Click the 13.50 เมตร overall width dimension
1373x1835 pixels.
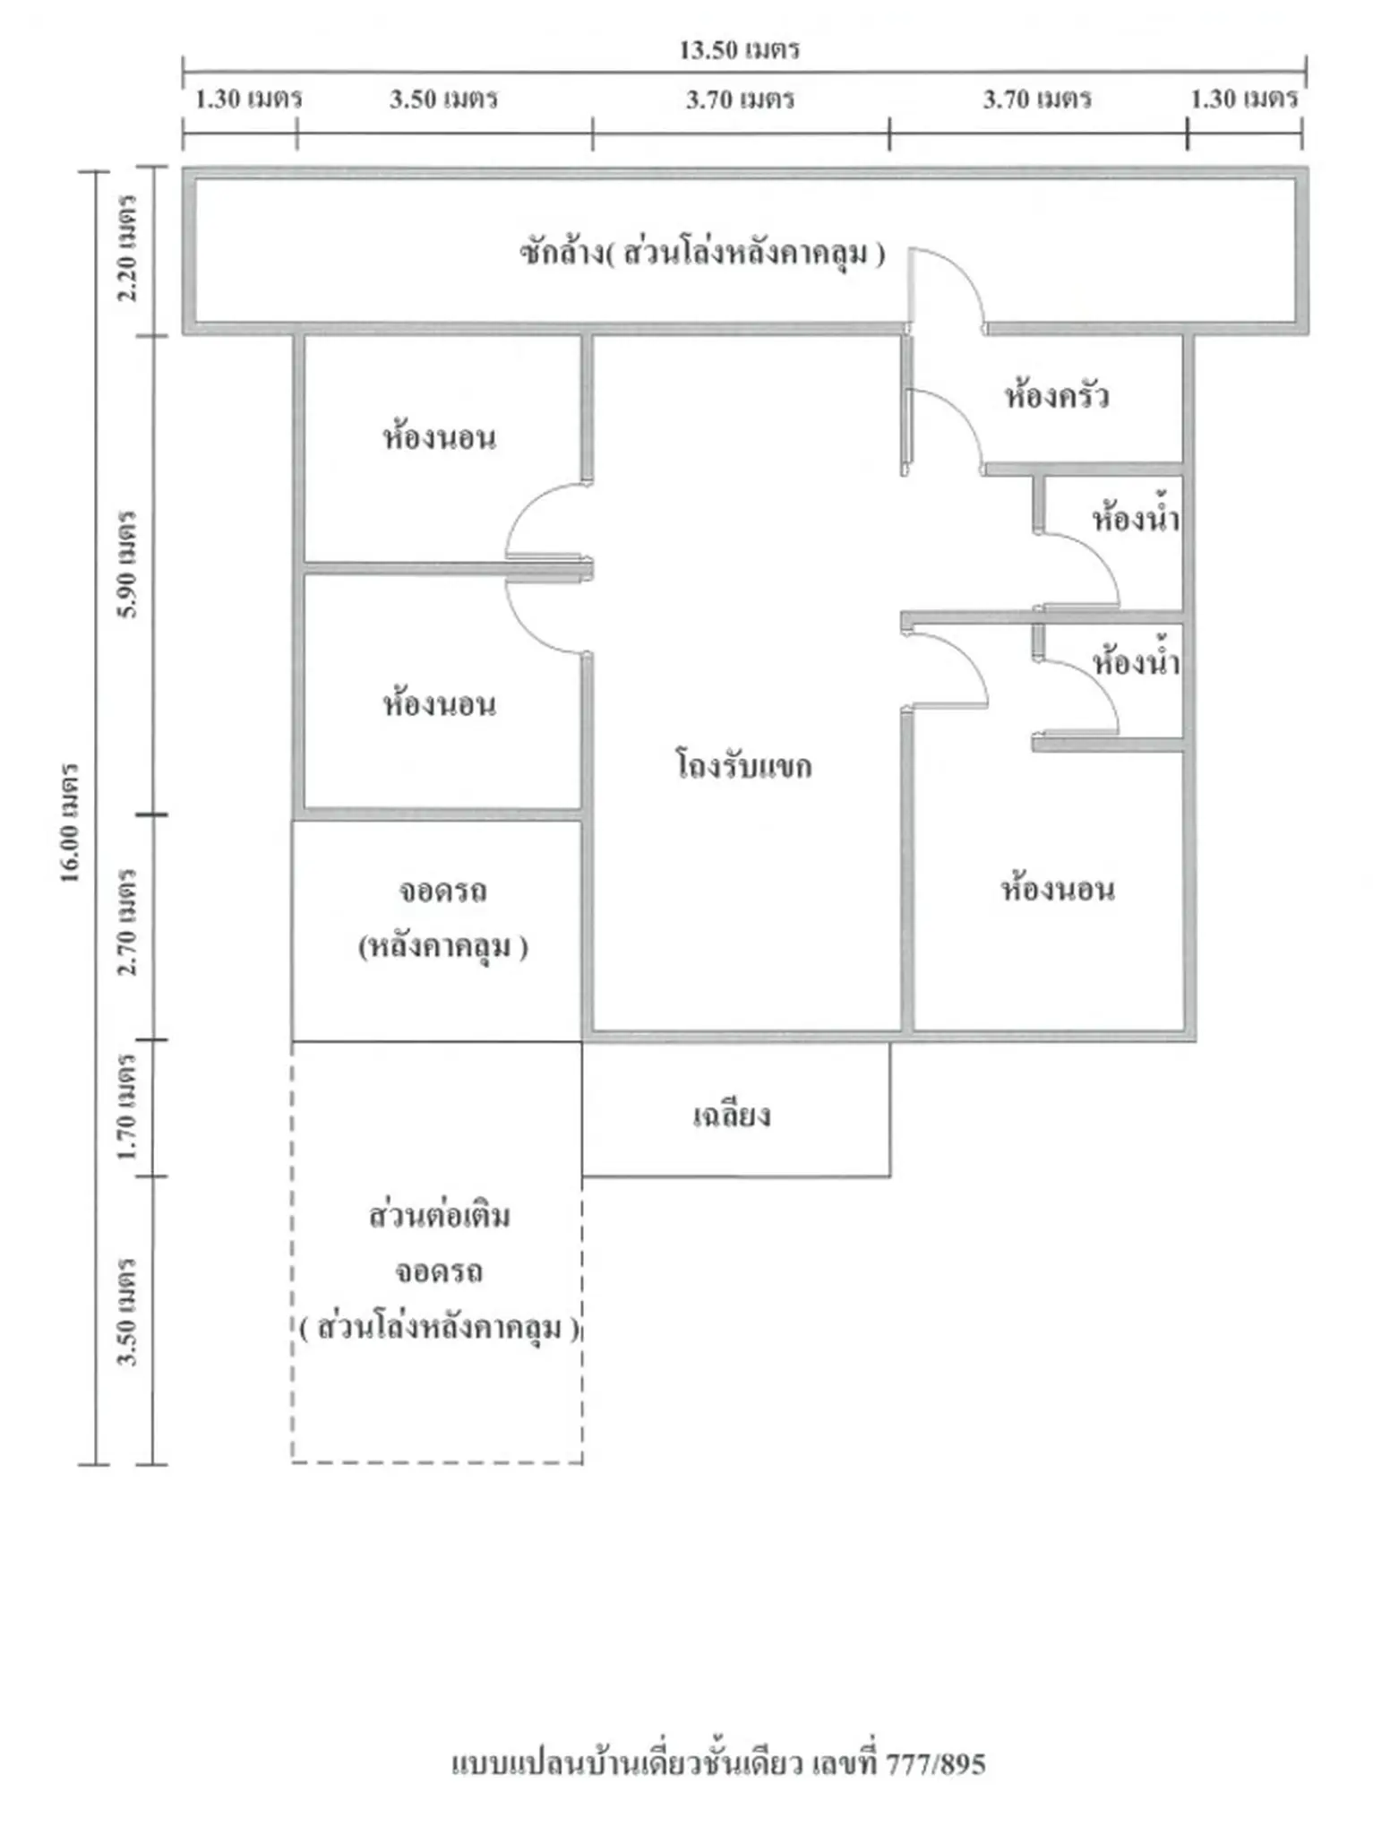point(739,49)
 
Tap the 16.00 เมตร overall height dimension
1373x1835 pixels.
point(71,823)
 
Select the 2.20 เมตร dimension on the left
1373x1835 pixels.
point(128,248)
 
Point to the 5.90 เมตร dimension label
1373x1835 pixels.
point(128,564)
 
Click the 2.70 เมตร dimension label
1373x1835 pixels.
point(128,921)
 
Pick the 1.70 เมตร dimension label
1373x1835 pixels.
point(128,1107)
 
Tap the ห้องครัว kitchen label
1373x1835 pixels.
point(1057,395)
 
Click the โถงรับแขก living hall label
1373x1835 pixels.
point(743,766)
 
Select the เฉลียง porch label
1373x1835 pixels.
point(732,1115)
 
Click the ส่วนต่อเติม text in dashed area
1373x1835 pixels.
point(439,1215)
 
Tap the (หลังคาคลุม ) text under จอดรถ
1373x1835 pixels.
point(442,946)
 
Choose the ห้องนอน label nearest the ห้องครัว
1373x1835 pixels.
point(1058,889)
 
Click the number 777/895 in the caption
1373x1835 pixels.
point(936,1764)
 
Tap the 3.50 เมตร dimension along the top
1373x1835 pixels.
point(443,99)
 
